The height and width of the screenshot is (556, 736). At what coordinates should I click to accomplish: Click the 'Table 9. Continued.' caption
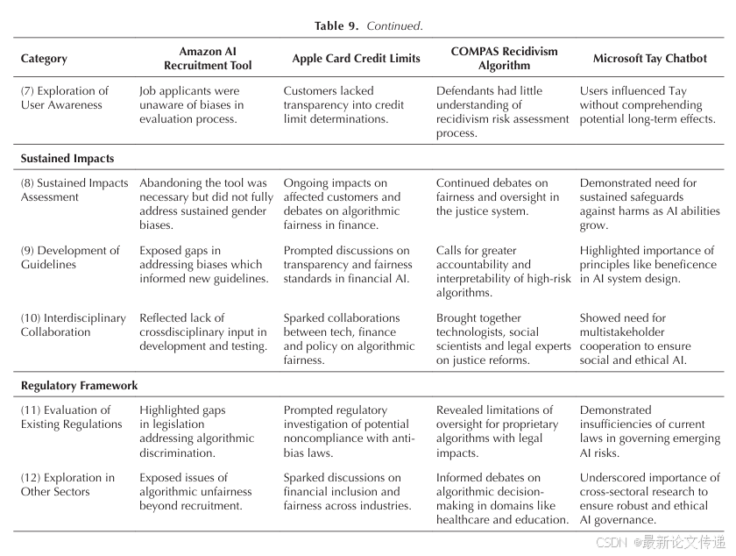pos(369,25)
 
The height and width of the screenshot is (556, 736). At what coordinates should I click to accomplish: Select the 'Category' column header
pos(44,59)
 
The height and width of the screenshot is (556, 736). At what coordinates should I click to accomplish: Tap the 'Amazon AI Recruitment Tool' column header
pos(208,59)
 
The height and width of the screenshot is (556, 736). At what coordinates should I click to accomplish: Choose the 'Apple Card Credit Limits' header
pos(356,59)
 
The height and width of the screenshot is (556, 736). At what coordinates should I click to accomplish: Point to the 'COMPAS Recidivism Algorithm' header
pos(504,59)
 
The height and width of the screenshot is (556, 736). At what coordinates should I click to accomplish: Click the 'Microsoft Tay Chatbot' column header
pos(649,59)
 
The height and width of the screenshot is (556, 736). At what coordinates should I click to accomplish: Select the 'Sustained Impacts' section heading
pos(67,159)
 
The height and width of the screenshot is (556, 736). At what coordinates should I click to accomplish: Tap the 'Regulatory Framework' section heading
pos(79,386)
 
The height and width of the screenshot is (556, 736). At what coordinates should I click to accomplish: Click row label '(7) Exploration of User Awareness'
pos(65,98)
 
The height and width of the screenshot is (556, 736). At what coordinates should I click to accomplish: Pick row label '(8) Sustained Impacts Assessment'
pos(74,190)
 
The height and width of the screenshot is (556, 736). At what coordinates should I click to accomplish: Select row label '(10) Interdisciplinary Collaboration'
pos(74,325)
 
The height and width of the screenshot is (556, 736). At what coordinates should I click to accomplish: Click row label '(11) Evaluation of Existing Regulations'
pos(72,417)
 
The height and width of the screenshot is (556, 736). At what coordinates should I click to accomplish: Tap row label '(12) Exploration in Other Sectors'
pos(67,485)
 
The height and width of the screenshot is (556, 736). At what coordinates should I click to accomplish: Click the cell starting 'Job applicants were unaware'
pos(192,105)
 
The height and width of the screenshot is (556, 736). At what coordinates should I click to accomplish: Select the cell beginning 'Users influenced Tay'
pos(648,105)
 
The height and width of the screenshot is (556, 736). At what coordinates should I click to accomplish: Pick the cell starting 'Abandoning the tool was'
pos(206,204)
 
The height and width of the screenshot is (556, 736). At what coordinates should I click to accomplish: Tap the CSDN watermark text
pos(661,543)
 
